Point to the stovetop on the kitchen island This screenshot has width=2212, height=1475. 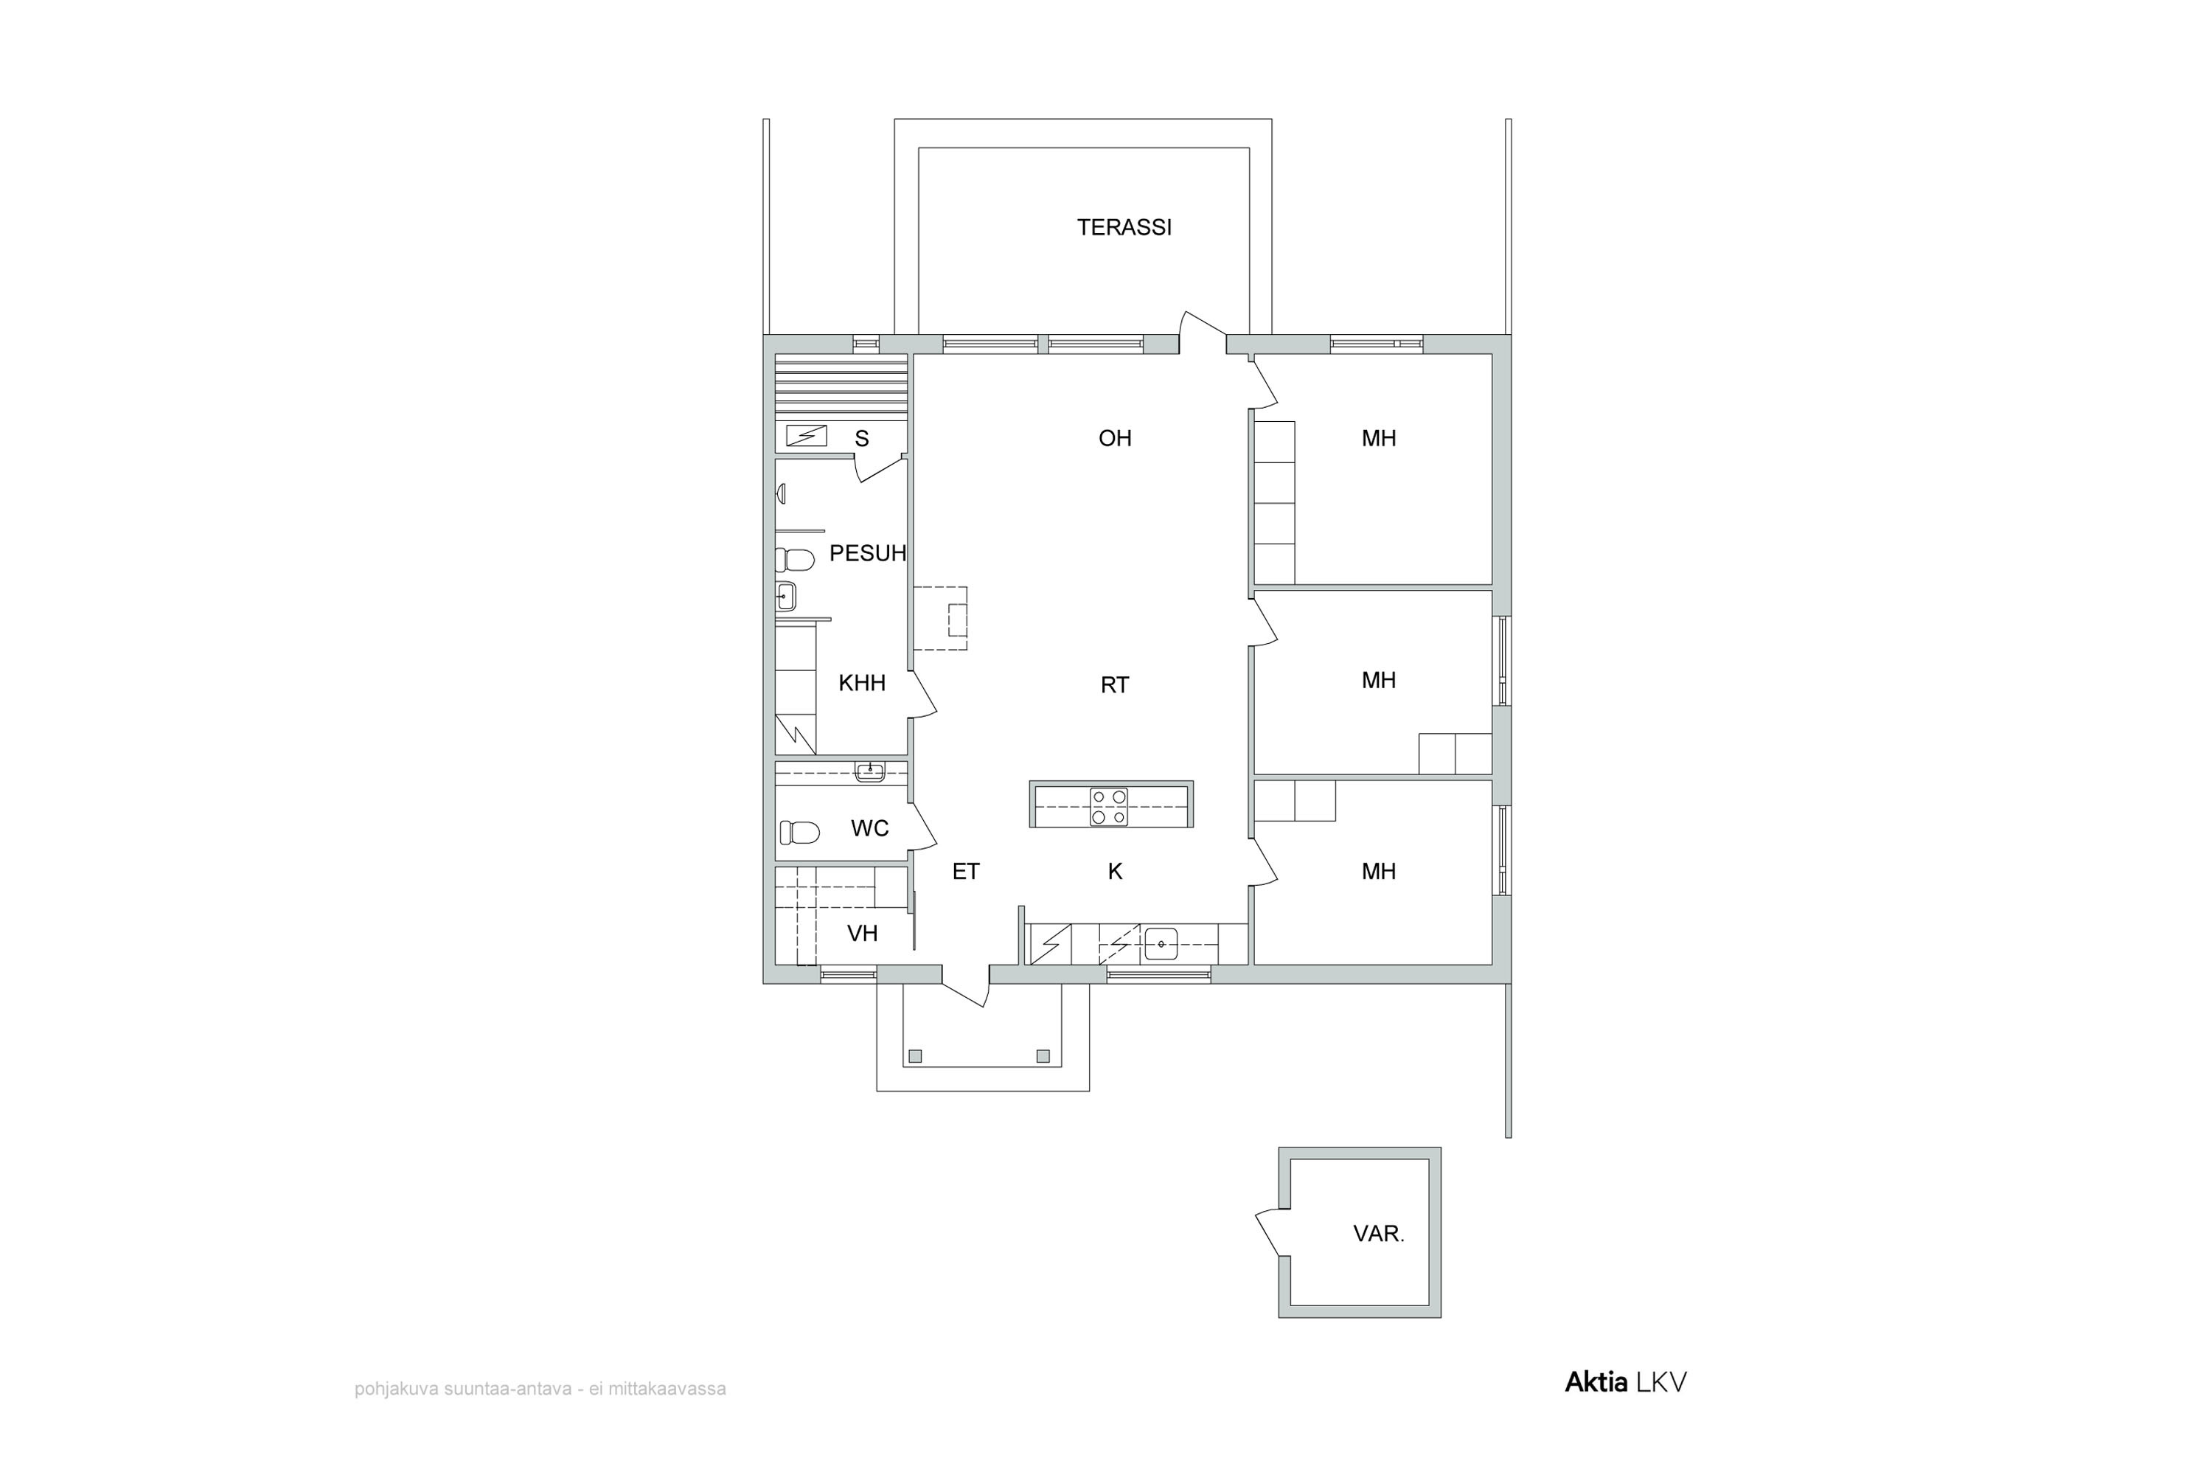[1109, 806]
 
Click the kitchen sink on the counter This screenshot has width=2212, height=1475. [1161, 943]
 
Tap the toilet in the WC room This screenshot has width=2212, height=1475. [799, 833]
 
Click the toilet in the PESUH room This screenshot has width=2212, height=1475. [795, 560]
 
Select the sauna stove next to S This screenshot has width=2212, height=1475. [806, 436]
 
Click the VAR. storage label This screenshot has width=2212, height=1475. [1379, 1234]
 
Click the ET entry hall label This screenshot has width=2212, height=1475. [966, 872]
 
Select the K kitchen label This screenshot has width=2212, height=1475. [1116, 872]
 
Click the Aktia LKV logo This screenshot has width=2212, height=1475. [1625, 1382]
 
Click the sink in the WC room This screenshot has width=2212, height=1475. [870, 772]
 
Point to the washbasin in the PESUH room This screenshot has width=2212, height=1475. [786, 597]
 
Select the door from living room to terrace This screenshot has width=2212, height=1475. [1203, 332]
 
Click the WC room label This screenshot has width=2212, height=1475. [870, 829]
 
